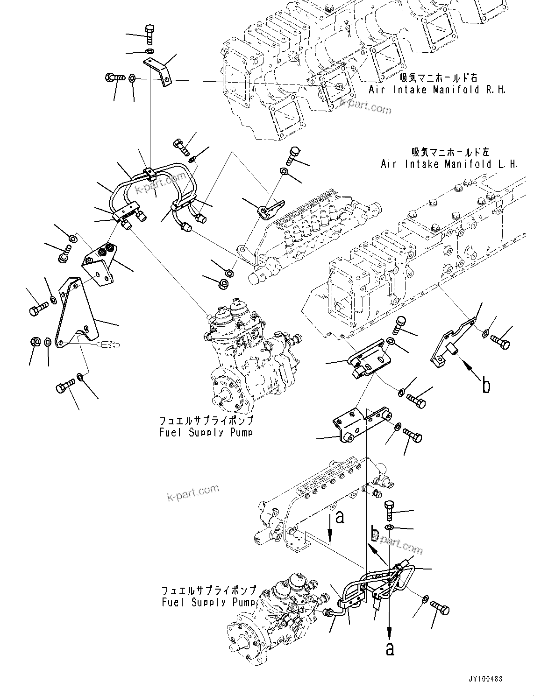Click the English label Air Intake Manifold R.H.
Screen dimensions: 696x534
coord(437,90)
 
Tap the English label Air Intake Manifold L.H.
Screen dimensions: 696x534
coord(449,164)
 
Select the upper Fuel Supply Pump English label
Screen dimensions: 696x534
coord(206,432)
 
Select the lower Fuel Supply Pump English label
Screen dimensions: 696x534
coord(209,602)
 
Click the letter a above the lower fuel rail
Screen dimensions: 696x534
coord(340,517)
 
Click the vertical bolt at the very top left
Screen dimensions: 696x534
coord(150,34)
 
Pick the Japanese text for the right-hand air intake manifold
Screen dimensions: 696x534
coord(439,77)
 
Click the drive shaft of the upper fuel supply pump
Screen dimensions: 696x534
coord(220,399)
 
